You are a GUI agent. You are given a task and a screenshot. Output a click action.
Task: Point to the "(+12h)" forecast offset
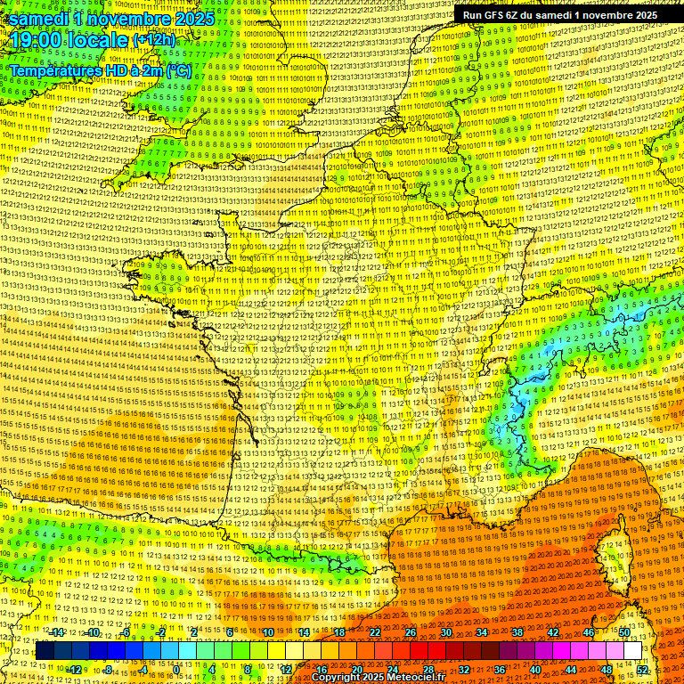154,41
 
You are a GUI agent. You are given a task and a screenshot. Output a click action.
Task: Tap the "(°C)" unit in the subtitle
178,69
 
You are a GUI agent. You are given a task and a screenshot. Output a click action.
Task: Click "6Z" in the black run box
519,14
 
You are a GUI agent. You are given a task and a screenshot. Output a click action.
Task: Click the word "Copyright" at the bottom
339,677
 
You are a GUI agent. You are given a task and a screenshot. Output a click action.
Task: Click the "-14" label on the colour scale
57,632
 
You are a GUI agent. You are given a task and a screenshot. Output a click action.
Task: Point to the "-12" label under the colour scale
75,670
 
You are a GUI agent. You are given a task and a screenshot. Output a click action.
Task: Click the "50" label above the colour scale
624,632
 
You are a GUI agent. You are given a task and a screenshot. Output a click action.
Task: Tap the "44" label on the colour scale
571,670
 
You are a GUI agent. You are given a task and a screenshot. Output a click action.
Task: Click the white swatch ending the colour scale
632,651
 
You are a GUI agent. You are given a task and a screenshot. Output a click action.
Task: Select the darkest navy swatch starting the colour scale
45,651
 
